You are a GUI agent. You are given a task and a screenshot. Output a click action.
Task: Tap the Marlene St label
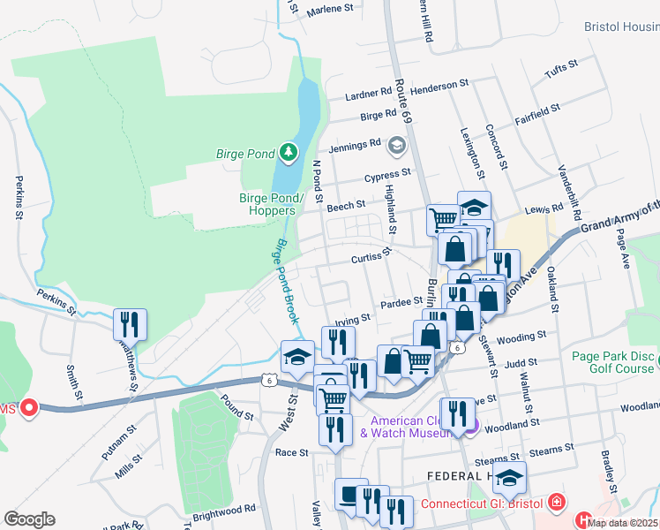[330, 10]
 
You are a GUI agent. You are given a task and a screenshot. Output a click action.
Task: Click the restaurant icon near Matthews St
[131, 325]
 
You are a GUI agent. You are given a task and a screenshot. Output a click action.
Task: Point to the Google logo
[29, 519]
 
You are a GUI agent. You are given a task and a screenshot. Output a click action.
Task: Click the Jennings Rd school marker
[397, 145]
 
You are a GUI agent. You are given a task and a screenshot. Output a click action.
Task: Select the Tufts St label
[560, 65]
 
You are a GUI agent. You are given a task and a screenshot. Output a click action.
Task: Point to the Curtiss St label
[371, 256]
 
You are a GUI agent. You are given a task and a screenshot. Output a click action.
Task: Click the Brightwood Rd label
[226, 509]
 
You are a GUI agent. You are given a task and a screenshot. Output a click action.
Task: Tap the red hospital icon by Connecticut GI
[557, 504]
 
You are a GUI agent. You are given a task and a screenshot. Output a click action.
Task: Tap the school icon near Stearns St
[509, 477]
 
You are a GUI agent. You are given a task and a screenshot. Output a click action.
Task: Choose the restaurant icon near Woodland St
[457, 414]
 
